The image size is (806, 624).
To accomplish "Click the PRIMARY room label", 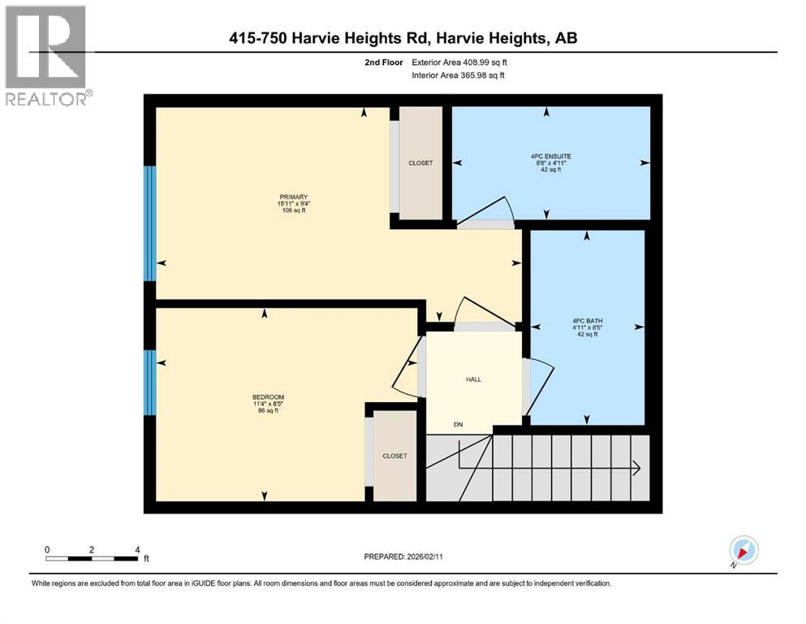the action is coord(294,197).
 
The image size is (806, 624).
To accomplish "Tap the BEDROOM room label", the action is coord(268,397).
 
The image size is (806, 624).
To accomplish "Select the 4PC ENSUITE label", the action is coord(550,156).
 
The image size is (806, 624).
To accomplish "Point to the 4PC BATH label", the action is coord(587,320).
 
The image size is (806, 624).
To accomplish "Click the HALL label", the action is coord(473,379).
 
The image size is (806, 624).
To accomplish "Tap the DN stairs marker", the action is coord(458,424).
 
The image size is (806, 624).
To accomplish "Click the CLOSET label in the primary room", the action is coord(420,163).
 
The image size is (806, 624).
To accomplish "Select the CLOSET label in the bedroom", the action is coord(394,456).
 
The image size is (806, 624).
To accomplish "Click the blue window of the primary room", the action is coord(149,223).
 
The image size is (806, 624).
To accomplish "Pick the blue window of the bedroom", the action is coord(149,383).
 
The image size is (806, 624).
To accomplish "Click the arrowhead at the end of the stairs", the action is coord(636,468).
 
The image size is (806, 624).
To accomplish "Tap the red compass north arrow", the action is coord(742,552).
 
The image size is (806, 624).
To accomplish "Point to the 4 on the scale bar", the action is coord(137,549).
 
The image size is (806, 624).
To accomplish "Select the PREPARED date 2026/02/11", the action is coord(425,557).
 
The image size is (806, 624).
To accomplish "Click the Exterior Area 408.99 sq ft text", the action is coord(459,63).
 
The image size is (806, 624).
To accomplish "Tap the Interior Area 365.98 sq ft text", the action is coord(458,75).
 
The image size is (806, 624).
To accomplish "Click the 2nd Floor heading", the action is coord(383,63).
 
